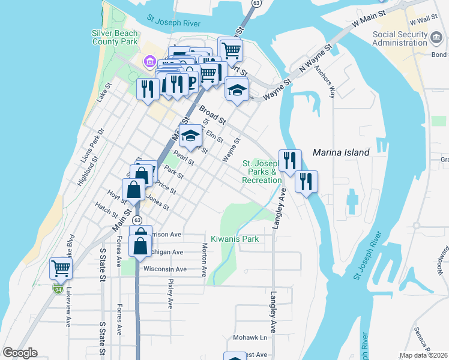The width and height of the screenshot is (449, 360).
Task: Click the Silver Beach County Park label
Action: tap(115, 38)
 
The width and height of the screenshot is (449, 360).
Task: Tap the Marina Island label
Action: tap(340, 152)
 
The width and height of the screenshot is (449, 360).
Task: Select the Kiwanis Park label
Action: tap(234, 239)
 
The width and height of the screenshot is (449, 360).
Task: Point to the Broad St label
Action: tap(212, 116)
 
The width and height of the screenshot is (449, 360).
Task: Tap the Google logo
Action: tap(20, 353)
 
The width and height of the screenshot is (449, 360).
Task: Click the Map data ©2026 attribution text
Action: tap(424, 355)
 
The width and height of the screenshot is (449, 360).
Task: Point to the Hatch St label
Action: tap(106, 210)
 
